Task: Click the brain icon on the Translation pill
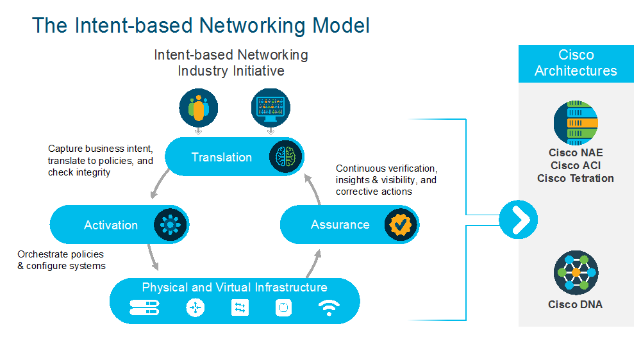(x=285, y=156)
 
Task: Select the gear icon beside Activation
(x=171, y=225)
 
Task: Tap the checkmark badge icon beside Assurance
(x=401, y=225)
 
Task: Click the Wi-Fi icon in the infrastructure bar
(x=329, y=308)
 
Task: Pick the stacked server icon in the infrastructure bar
(x=144, y=308)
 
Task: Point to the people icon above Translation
(x=198, y=106)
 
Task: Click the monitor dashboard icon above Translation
(x=270, y=106)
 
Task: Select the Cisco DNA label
(x=575, y=304)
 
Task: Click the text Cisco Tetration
(x=575, y=178)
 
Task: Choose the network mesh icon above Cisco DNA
(x=576, y=272)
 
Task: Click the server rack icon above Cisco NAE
(x=576, y=122)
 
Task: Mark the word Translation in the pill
(x=222, y=157)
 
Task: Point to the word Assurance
(x=340, y=225)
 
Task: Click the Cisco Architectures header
(x=576, y=63)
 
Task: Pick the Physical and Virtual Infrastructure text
(x=235, y=288)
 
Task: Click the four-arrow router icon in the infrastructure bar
(x=196, y=308)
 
